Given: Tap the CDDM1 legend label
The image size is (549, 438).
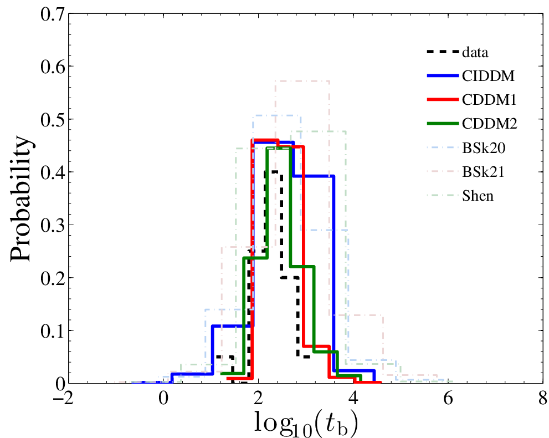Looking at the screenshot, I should click(x=486, y=100).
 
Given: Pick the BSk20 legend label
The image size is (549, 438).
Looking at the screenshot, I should click(x=480, y=148).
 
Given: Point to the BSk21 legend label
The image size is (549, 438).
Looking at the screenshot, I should click(x=480, y=172).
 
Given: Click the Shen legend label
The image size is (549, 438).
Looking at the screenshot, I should click(x=477, y=196).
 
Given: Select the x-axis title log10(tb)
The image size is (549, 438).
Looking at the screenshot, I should click(x=305, y=422).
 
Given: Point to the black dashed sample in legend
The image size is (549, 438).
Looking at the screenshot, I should click(x=442, y=53).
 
